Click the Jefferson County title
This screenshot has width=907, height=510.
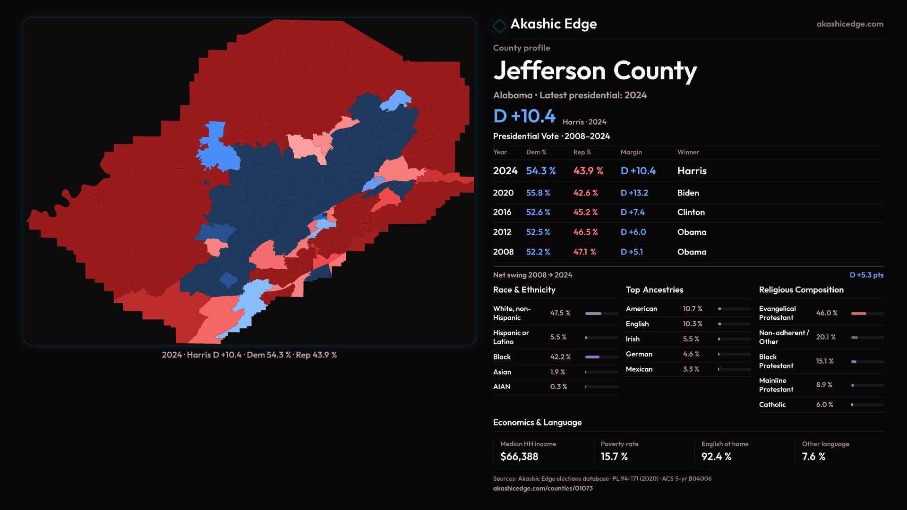pyautogui.click(x=595, y=71)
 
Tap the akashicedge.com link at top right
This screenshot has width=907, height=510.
pyautogui.click(x=849, y=24)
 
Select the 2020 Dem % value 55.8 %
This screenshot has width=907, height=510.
pyautogui.click(x=538, y=193)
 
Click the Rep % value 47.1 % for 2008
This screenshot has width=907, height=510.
pyautogui.click(x=584, y=252)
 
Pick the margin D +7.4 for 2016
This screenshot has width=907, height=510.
pyautogui.click(x=632, y=212)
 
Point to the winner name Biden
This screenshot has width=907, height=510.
pyautogui.click(x=688, y=193)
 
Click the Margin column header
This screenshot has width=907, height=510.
pyautogui.click(x=631, y=152)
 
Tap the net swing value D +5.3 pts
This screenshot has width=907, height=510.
pyautogui.click(x=866, y=275)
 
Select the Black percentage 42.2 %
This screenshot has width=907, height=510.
pyautogui.click(x=560, y=357)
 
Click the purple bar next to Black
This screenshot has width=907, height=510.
pyautogui.click(x=592, y=357)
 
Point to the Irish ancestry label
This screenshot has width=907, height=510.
pyautogui.click(x=633, y=339)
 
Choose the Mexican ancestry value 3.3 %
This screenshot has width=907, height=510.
pyautogui.click(x=691, y=369)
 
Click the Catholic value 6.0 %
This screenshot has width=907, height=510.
pyautogui.click(x=824, y=405)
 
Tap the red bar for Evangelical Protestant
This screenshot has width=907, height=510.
pyautogui.click(x=859, y=314)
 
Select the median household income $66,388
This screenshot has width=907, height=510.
pyautogui.click(x=519, y=457)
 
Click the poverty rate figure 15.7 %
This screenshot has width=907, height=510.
pyautogui.click(x=614, y=457)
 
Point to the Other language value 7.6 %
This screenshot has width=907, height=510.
pyautogui.click(x=813, y=457)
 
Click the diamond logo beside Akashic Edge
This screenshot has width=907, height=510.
pyautogui.click(x=499, y=25)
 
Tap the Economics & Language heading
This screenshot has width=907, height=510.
pyautogui.click(x=537, y=423)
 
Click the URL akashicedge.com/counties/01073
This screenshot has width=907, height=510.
pyautogui.click(x=543, y=488)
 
